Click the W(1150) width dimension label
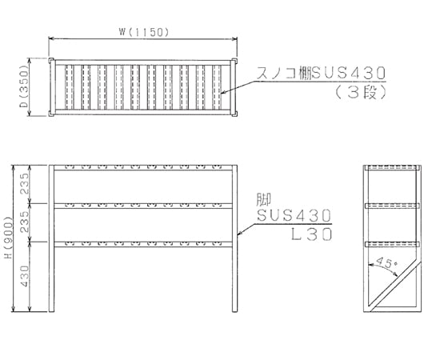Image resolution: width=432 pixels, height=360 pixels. pos(143,33)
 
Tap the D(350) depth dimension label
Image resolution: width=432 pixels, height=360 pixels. pos(25,87)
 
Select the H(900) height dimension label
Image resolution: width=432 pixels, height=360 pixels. pos(8,238)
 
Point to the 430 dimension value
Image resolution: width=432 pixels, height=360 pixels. pos(25,276)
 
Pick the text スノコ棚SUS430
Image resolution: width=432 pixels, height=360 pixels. pos(321,74)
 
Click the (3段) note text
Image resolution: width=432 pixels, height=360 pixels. pos(360,93)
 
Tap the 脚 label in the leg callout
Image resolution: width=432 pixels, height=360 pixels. pos(264,199)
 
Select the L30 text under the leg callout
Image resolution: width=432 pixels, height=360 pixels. pos(312,234)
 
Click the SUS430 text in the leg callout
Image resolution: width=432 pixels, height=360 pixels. pos(294,215)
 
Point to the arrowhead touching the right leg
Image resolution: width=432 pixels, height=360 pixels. pos(240,234)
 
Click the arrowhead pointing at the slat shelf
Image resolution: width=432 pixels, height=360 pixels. pos(223,93)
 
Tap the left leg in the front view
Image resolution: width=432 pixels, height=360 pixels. pos(51,238)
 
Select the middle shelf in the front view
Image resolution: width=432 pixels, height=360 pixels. pos(143,206)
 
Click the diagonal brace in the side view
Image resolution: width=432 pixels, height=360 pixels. pos(396,286)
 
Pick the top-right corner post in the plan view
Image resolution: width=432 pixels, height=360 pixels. pos(234,60)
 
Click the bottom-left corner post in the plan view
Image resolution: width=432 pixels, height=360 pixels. pos(51,114)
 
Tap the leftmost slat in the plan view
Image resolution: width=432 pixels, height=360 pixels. pos(69,87)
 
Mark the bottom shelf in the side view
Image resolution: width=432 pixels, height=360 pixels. pos(392,244)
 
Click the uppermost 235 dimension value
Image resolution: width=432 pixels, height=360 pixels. pos(25,184)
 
